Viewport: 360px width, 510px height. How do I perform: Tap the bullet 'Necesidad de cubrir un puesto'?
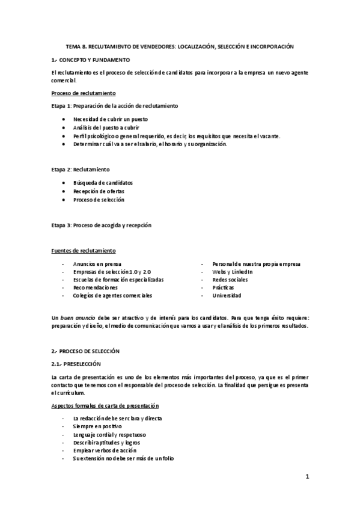tap(110, 119)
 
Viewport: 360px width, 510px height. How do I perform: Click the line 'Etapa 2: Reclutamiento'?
tap(81, 170)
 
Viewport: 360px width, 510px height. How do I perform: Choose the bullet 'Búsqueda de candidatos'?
tap(103, 182)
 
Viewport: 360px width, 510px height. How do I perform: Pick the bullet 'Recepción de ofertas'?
tap(99, 191)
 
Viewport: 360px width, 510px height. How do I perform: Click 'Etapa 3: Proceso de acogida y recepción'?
tap(101, 225)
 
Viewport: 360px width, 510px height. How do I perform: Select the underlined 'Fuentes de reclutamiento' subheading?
tap(84, 250)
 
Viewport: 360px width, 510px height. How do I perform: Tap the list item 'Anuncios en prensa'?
tap(97, 263)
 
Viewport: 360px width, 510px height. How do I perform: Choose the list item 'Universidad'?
tap(227, 295)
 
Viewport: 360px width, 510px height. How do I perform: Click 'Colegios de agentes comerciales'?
tap(112, 295)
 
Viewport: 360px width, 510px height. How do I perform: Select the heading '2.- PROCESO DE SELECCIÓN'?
tap(86, 350)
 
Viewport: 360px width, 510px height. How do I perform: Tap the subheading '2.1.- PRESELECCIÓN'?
tap(76, 364)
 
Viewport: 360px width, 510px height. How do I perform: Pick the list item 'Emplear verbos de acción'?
tap(104, 450)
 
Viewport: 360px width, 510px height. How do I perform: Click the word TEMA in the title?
tap(73, 46)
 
